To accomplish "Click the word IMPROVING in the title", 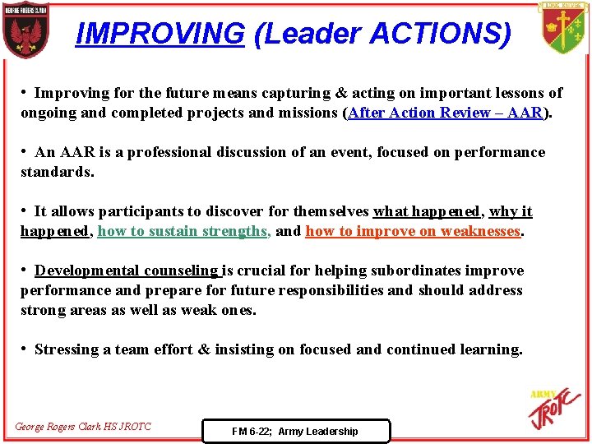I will coord(160,34).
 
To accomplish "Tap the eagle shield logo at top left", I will coord(25,30).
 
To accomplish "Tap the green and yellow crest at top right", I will coord(563,27).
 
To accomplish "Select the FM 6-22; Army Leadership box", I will coord(295,431).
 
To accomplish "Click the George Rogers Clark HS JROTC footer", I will coord(83,427).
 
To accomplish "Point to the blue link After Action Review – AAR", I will coord(446,113).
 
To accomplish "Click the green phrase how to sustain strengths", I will coord(184,231).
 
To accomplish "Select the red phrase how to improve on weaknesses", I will coord(413,231).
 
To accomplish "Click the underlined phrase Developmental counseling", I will coord(127,271).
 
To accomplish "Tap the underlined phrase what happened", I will coord(426,211).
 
